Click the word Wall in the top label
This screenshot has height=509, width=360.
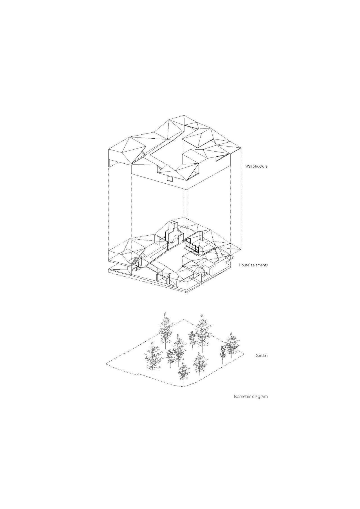(249, 166)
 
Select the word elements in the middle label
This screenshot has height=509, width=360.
(260, 265)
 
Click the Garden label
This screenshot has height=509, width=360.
(261, 355)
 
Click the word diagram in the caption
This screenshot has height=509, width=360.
(260, 397)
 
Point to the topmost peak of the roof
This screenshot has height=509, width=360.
(184, 115)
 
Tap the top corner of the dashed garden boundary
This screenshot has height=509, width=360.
(184, 319)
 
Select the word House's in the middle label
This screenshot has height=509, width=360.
(245, 265)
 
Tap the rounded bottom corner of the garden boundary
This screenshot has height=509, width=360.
(183, 386)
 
